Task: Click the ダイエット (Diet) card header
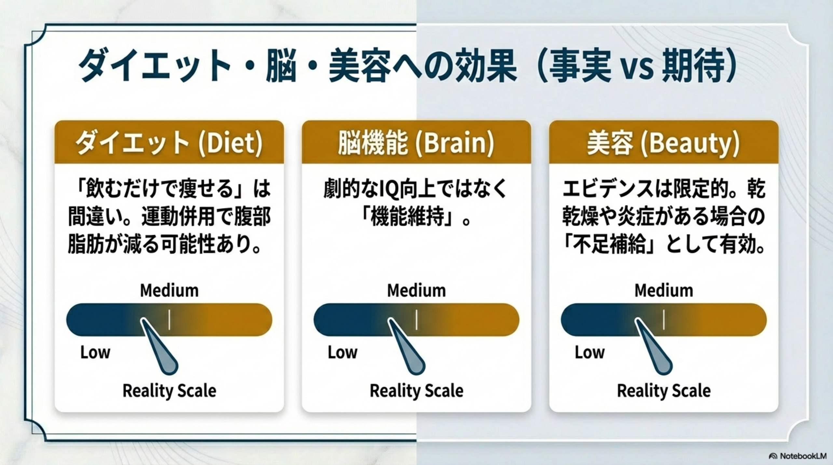[169, 142]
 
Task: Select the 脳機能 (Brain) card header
[416, 142]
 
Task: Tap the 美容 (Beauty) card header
[664, 142]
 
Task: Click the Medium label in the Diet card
[169, 290]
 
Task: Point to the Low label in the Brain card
[342, 352]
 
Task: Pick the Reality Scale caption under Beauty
[664, 390]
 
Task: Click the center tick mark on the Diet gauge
[169, 320]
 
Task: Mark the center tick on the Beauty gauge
[664, 320]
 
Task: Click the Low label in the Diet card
[95, 352]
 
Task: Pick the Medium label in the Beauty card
[664, 290]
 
